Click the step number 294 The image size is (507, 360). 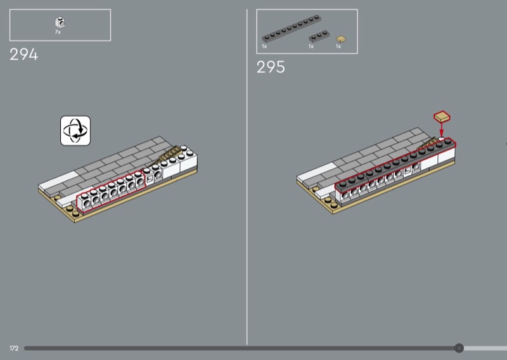click(x=23, y=55)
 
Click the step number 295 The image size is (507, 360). click(x=271, y=67)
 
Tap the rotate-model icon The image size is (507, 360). click(x=75, y=131)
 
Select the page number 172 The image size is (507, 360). click(x=14, y=348)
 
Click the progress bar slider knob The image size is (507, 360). click(x=459, y=348)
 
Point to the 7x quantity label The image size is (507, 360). click(x=58, y=32)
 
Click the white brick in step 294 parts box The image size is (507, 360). click(x=60, y=22)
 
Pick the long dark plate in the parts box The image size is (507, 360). click(x=292, y=29)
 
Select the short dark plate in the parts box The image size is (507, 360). click(x=319, y=36)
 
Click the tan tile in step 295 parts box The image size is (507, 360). click(x=340, y=39)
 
